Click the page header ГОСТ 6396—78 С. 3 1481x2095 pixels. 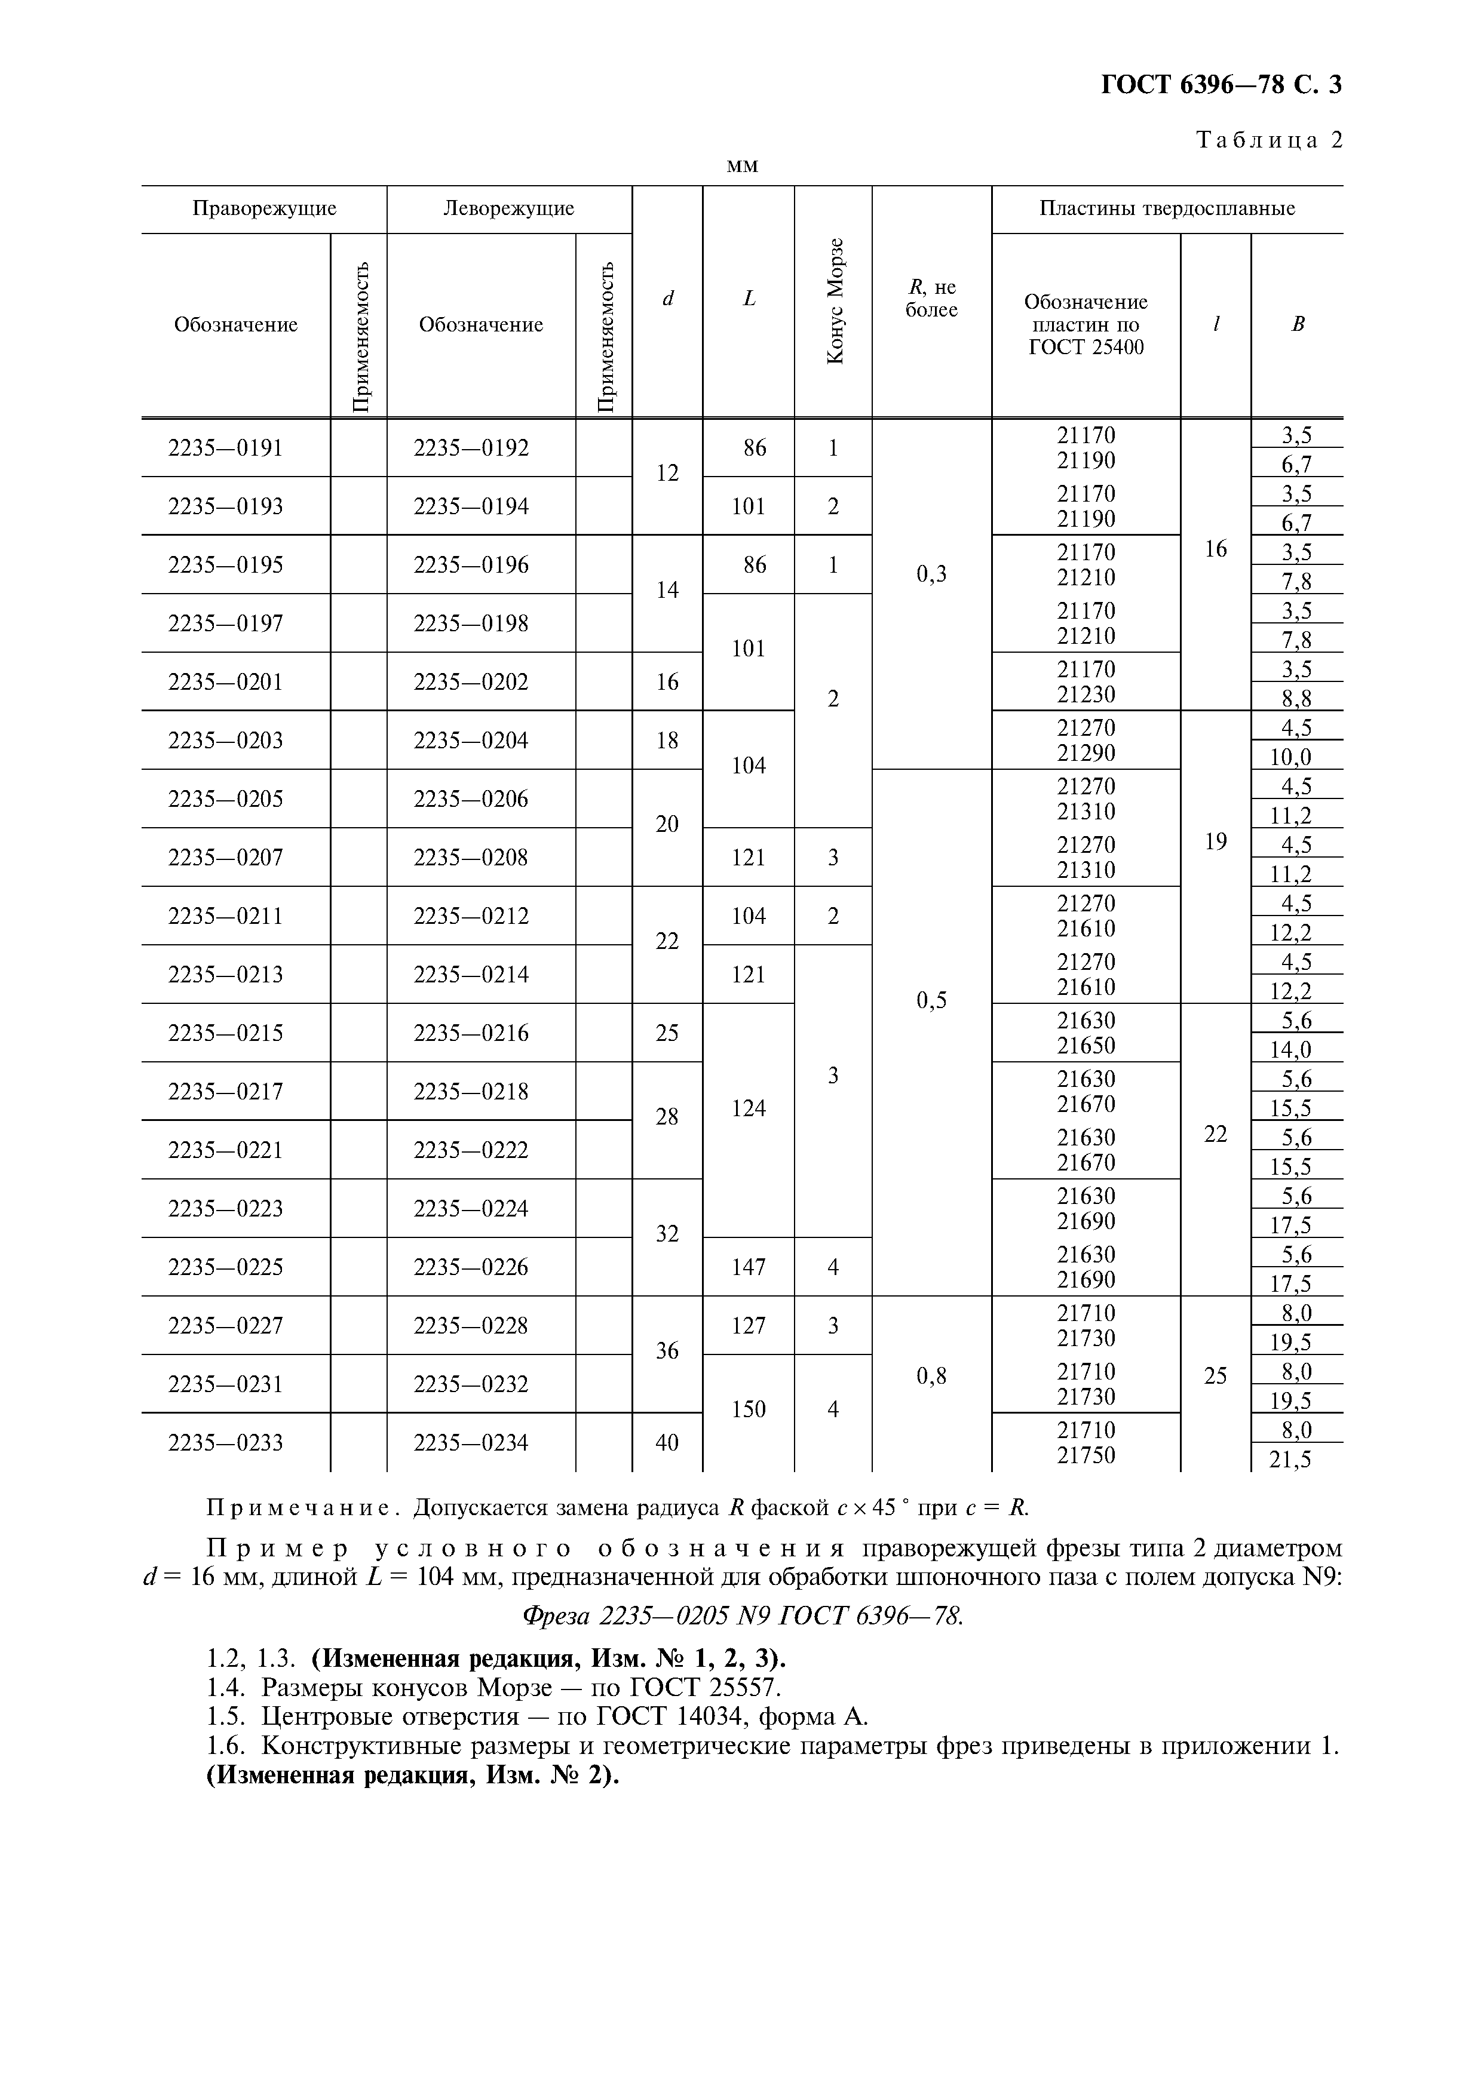(x=1221, y=85)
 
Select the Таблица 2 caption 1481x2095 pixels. (x=1268, y=140)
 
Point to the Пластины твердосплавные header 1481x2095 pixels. (x=1167, y=209)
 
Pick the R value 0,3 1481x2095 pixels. (x=931, y=574)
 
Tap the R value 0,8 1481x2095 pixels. (x=931, y=1376)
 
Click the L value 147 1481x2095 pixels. (x=748, y=1267)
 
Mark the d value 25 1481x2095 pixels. (x=667, y=1033)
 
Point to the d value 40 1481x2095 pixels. (x=667, y=1443)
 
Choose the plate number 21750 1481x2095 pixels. (x=1086, y=1455)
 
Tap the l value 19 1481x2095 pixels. (x=1216, y=841)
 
